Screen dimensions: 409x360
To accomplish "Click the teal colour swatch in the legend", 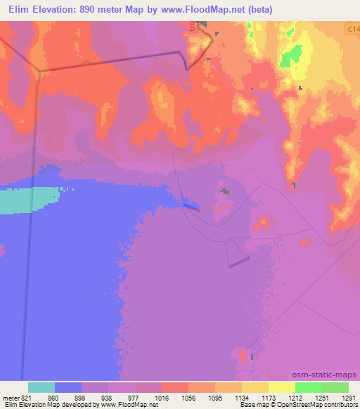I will point(41,387).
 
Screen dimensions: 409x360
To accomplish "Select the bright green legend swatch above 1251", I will point(309,387).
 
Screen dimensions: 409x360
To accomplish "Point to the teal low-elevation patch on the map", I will point(28,202).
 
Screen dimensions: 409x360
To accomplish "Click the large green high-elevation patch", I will point(293,56).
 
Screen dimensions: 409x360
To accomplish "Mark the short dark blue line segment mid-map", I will point(191,205).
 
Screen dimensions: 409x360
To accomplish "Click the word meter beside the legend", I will point(10,396).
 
